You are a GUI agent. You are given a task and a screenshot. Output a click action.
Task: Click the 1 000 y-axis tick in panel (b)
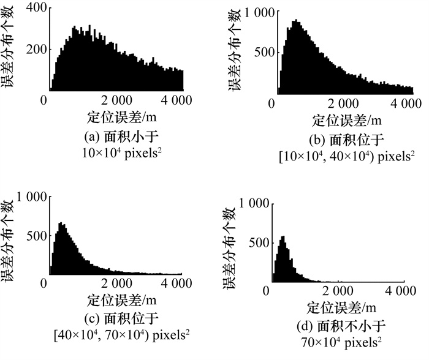click(255, 12)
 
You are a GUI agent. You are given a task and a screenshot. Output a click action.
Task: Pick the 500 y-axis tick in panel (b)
click(260, 52)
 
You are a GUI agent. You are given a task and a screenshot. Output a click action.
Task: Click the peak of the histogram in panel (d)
click(283, 238)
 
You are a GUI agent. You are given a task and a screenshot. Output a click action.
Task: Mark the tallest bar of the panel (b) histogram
click(295, 21)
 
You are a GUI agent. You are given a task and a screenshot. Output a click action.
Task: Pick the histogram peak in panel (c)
click(61, 224)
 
